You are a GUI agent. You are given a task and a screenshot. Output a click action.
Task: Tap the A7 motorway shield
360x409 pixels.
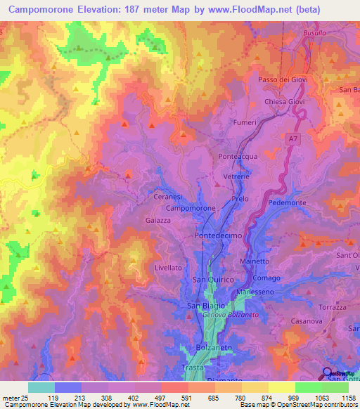[292, 140]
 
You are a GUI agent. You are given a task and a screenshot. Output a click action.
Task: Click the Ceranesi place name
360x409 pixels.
[168, 197]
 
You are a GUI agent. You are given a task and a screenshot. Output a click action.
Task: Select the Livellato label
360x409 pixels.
[168, 268]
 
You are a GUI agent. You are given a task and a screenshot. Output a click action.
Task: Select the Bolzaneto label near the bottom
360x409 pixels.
[211, 349]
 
